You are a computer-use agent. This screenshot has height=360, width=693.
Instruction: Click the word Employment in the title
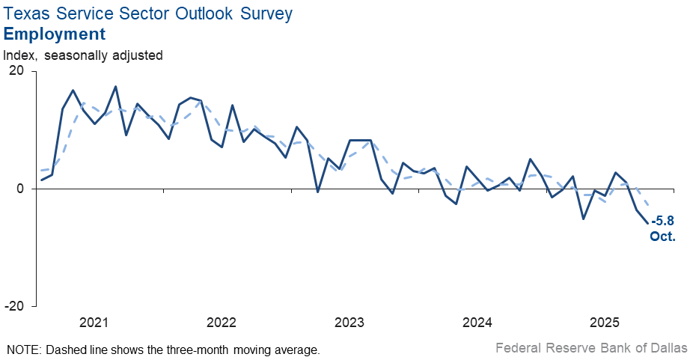tap(55, 34)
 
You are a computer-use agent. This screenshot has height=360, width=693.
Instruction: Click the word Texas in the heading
tap(27, 13)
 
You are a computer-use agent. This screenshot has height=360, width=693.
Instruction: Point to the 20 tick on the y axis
tap(16, 71)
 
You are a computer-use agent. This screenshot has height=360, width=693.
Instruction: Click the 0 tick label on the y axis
tap(21, 189)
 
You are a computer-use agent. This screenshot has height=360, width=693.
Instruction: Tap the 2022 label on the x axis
tap(222, 323)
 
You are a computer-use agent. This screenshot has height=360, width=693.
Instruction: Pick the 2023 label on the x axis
tap(349, 323)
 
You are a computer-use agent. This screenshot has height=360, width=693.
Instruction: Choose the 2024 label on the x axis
tap(477, 323)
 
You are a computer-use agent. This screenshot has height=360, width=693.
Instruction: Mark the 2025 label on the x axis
tap(605, 323)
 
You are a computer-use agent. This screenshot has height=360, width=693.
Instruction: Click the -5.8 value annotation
tap(663, 222)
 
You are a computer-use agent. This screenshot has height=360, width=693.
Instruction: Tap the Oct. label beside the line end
tap(662, 236)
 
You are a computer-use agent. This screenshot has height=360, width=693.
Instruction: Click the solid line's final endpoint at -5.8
tap(647, 223)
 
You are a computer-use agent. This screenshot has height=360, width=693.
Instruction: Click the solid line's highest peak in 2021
tap(115, 86)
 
